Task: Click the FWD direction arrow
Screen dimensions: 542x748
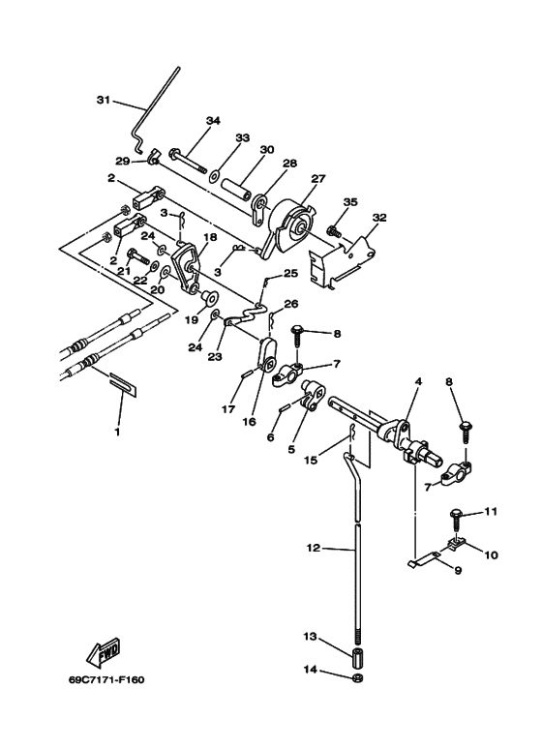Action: coord(103,652)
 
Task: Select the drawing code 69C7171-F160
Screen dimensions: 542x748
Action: coord(106,680)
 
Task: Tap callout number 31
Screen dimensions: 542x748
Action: coord(104,100)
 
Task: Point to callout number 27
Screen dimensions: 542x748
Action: coord(318,179)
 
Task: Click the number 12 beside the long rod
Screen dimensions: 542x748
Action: coord(314,548)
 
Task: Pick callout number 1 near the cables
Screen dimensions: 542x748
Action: coord(117,433)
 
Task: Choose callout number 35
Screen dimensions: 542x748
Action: coord(350,202)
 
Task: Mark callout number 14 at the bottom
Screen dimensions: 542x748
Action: coord(310,670)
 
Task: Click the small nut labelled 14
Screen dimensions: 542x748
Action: coord(357,678)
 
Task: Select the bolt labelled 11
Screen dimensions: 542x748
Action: coord(455,522)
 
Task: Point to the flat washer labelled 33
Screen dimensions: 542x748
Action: coord(213,175)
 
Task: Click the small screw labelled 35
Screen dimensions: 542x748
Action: coord(332,232)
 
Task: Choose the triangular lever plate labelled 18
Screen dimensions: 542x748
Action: coord(188,268)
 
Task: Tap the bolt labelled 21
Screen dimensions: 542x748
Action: coord(136,258)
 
